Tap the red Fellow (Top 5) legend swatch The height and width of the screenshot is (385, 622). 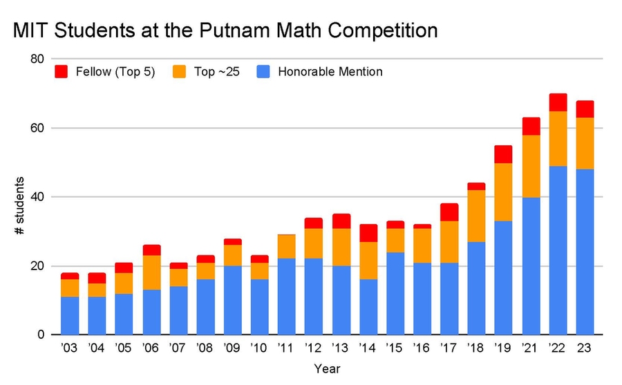(x=61, y=71)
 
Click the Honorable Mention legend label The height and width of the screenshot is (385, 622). (x=330, y=71)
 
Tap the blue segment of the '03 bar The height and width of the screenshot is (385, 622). (x=69, y=315)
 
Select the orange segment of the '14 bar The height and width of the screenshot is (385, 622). (x=368, y=261)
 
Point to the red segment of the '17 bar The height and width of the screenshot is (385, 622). (x=449, y=212)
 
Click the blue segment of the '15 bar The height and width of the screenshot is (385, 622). (x=395, y=293)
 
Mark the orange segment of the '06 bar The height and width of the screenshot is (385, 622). (x=151, y=272)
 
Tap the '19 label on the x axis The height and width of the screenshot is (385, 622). (x=503, y=348)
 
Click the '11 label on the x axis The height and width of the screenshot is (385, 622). (x=286, y=348)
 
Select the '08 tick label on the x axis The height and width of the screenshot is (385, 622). (x=205, y=348)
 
